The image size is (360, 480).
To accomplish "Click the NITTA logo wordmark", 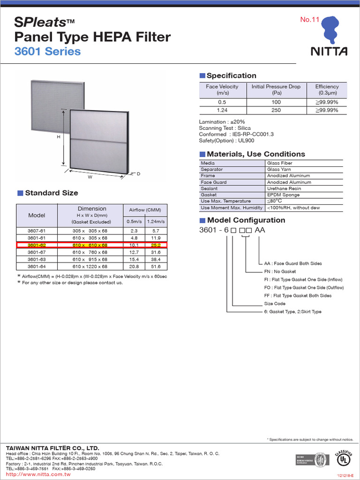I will coord(329,51).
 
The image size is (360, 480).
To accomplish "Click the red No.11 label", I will coord(309,20).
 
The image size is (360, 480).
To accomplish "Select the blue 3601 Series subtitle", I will coord(47,52).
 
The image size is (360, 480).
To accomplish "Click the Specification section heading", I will coord(231,76).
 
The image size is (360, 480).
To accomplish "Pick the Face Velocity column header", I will coord(222,90).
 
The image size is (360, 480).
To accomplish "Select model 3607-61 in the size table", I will coord(37,231).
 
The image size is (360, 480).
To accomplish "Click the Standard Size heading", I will coord(51,193).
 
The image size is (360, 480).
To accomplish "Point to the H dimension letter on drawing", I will coord(59,137).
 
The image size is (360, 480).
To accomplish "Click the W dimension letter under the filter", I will coord(90,178).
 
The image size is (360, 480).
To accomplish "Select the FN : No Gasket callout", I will coord(280,271).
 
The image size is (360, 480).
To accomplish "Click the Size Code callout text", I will coord(275,304).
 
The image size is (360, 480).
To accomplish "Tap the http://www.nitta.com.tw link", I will coord(38,474).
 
